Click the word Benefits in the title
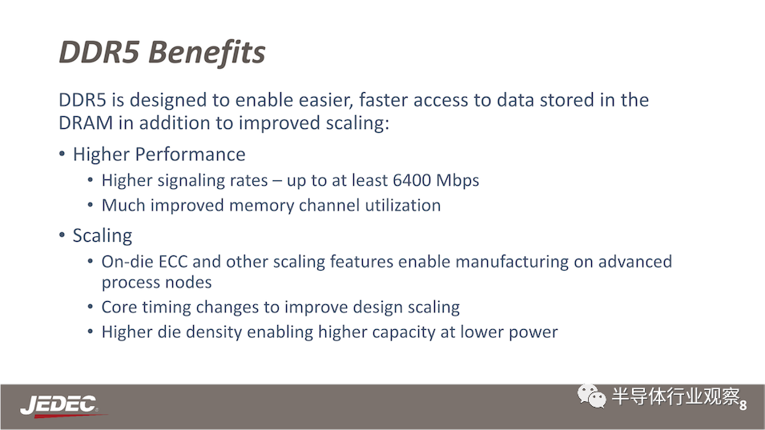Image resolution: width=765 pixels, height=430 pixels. click(x=207, y=52)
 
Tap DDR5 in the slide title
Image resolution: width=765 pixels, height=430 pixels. click(x=99, y=52)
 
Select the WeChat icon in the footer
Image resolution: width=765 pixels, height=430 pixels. click(x=591, y=396)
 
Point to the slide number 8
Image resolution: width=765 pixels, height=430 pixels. click(x=743, y=405)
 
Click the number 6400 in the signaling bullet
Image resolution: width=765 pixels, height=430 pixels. click(x=412, y=180)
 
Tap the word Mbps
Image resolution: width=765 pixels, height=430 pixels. click(x=457, y=181)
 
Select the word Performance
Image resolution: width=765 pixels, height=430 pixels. click(x=191, y=155)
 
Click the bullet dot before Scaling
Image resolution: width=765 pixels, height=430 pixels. click(x=62, y=235)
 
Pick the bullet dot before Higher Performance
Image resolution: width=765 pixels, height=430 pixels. click(x=62, y=154)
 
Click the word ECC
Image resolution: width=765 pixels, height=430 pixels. click(x=173, y=262)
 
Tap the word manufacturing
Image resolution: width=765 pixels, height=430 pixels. click(x=512, y=263)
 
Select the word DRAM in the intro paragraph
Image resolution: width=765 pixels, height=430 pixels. click(x=86, y=123)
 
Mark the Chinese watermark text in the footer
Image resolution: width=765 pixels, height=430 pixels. click(x=676, y=396)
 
